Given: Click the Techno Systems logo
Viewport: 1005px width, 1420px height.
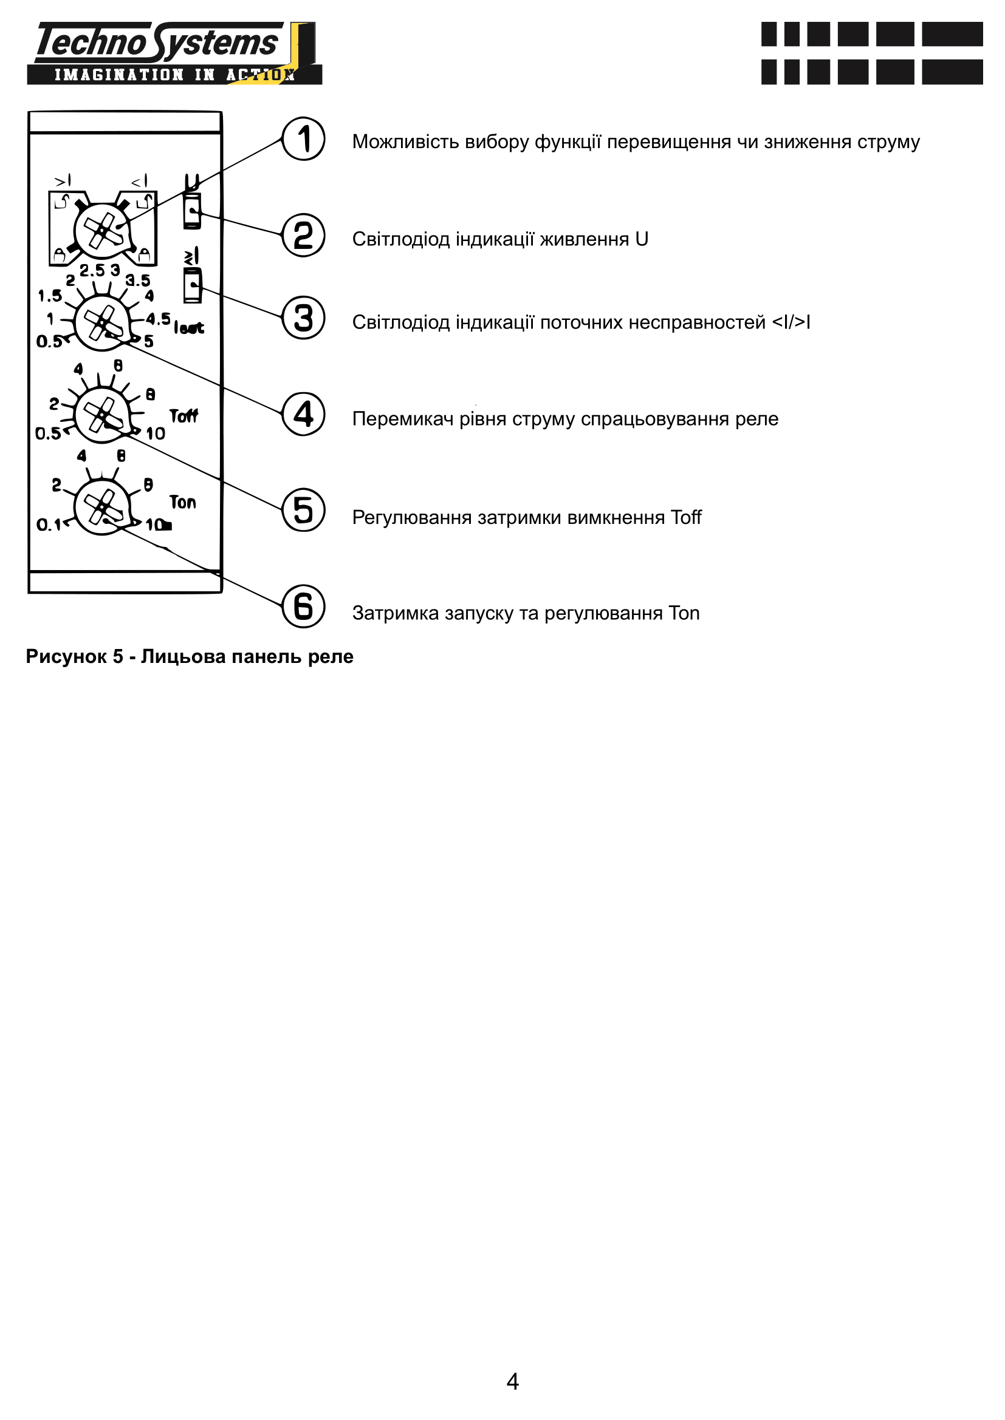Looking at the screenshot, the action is [174, 53].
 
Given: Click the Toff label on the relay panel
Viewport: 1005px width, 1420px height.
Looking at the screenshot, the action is [184, 416].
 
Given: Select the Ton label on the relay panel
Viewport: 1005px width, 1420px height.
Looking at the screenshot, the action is [182, 502].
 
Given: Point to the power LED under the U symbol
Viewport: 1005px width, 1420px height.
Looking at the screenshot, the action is [193, 211].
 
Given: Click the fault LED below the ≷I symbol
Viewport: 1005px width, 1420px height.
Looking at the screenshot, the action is [193, 285].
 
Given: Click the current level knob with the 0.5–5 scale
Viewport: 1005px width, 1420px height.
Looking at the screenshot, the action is [102, 323].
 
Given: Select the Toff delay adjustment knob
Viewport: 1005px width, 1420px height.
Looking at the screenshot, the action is [102, 415].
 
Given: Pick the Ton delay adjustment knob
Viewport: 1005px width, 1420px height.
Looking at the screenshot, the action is [102, 507].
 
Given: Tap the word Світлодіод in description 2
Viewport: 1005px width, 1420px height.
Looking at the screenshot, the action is [401, 239].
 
